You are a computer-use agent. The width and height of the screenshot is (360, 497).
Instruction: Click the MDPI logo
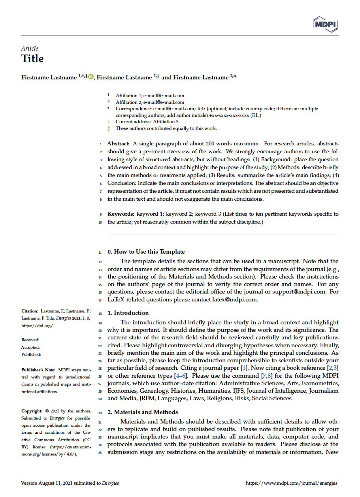coord(326,24)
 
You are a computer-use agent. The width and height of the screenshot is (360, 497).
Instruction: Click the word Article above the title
coord(30,49)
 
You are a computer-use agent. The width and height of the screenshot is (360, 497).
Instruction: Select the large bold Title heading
coord(32,59)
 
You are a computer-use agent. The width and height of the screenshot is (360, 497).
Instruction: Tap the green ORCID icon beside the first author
coord(91,77)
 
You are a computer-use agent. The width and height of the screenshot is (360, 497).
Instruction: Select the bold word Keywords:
coord(121,214)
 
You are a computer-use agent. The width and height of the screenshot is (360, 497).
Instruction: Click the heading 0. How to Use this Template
coord(146,252)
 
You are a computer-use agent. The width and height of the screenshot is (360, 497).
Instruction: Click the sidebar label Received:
coord(30,340)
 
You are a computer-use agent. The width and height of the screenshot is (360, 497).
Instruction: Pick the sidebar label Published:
coord(31,355)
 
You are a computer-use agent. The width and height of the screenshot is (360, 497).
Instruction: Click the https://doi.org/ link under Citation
coord(37,326)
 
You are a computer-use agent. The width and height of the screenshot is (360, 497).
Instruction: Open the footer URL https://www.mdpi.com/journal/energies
coord(292,483)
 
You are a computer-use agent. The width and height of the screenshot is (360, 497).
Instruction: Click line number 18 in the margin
coord(100,313)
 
